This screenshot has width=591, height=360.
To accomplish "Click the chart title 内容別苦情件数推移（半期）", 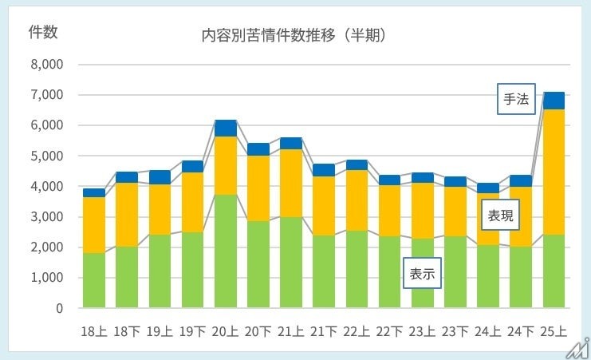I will point(295,35).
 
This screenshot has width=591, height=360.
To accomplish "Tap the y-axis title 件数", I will point(42,32).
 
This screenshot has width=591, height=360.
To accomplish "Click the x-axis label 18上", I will point(94,330).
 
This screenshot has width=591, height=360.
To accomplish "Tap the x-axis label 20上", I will point(226,330).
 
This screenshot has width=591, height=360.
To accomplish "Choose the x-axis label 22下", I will point(389,330).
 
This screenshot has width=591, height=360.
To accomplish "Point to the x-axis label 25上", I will point(554,330).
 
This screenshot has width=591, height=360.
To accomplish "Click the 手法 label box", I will point(515,100).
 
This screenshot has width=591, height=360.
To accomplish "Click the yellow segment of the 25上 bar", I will point(554,172).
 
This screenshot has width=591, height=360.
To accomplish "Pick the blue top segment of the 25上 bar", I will point(554,101).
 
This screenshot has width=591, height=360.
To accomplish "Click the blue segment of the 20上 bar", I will point(226,128).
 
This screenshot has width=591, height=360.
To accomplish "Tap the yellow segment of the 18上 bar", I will point(94,225).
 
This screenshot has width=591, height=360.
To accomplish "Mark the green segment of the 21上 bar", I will point(291,263).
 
